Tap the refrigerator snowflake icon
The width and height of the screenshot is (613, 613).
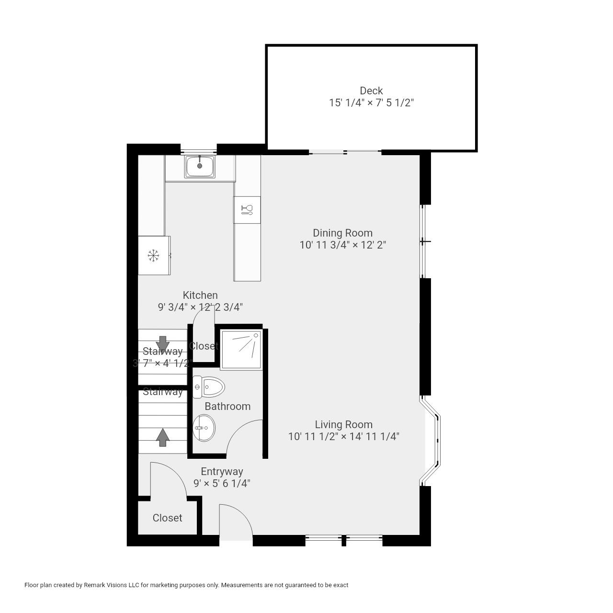pyautogui.click(x=153, y=256)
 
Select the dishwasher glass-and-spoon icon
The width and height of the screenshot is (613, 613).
pyautogui.click(x=247, y=210)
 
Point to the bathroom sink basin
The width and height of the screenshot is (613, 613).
pyautogui.click(x=204, y=428)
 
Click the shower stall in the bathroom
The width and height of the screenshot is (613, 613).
pyautogui.click(x=241, y=350)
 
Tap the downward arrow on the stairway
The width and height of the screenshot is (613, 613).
pyautogui.click(x=163, y=344)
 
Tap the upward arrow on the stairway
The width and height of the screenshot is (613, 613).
pyautogui.click(x=163, y=437)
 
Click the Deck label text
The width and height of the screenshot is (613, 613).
pyautogui.click(x=371, y=91)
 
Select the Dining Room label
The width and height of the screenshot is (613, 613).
pyautogui.click(x=342, y=233)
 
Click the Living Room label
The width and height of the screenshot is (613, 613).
pyautogui.click(x=343, y=424)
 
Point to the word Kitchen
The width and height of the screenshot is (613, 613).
pyautogui.click(x=200, y=295)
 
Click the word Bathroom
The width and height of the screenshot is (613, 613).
pyautogui.click(x=227, y=406)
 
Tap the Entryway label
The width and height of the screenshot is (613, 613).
pyautogui.click(x=222, y=471)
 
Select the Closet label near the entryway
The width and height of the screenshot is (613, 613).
pyautogui.click(x=167, y=518)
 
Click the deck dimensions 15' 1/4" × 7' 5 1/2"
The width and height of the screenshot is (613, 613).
pyautogui.click(x=371, y=102)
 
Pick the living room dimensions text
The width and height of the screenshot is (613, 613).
pyautogui.click(x=343, y=436)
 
